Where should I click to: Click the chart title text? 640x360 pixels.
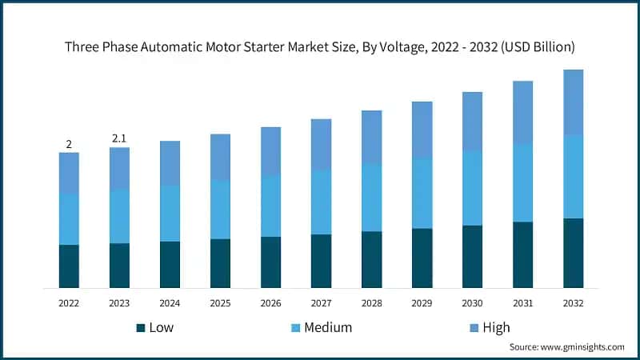pyautogui.click(x=320, y=46)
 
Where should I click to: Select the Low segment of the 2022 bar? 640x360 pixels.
pyautogui.click(x=69, y=266)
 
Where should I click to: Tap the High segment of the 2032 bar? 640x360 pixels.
pyautogui.click(x=573, y=102)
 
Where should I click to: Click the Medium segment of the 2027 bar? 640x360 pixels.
pyautogui.click(x=321, y=202)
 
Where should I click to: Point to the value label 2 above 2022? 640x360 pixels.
pyautogui.click(x=69, y=144)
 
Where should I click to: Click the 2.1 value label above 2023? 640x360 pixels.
pyautogui.click(x=119, y=138)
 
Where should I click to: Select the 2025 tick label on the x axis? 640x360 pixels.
pyautogui.click(x=220, y=303)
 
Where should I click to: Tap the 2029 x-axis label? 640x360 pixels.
pyautogui.click(x=422, y=303)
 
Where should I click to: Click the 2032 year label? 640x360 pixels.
pyautogui.click(x=573, y=303)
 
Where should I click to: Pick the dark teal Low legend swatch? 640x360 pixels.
pyautogui.click(x=141, y=327)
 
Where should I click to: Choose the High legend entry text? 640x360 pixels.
pyautogui.click(x=496, y=327)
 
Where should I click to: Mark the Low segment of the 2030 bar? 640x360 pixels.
pyautogui.click(x=472, y=256)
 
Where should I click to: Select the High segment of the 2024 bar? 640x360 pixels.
pyautogui.click(x=170, y=163)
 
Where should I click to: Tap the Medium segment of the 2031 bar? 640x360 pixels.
pyautogui.click(x=522, y=183)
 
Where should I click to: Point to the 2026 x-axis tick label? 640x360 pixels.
pyautogui.click(x=270, y=303)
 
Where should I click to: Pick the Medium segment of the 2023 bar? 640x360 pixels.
pyautogui.click(x=119, y=217)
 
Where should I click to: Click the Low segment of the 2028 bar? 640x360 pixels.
pyautogui.click(x=371, y=259)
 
